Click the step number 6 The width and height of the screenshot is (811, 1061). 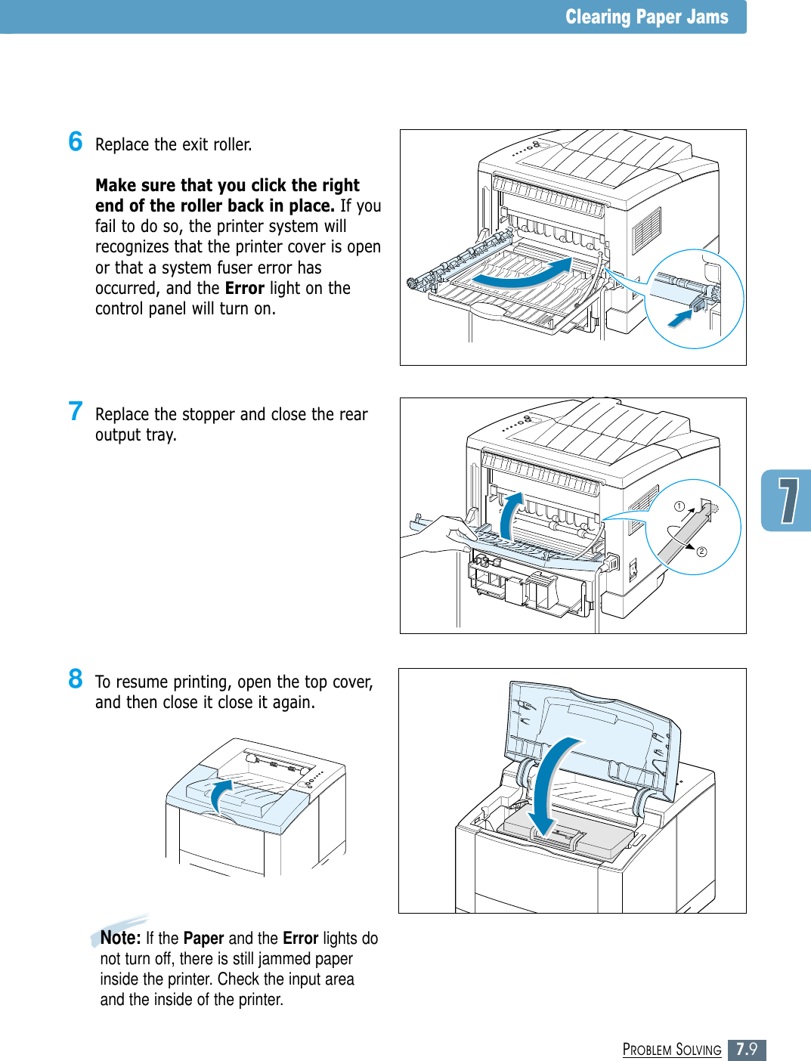click(x=76, y=141)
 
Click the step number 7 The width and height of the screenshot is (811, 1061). click(x=76, y=411)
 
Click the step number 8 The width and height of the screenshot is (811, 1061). click(x=76, y=679)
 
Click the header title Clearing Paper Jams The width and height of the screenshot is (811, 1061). click(x=646, y=17)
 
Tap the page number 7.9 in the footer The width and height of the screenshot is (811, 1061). click(x=747, y=1049)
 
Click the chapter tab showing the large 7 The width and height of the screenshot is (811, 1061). click(x=788, y=500)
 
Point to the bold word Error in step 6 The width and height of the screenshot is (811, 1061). click(x=244, y=288)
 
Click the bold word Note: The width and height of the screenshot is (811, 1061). click(x=121, y=938)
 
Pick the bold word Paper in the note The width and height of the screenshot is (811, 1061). click(x=203, y=938)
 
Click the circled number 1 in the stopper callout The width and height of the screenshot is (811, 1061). click(x=679, y=506)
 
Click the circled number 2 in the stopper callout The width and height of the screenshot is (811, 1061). click(x=701, y=552)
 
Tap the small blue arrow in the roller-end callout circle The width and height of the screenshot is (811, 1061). click(x=680, y=318)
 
